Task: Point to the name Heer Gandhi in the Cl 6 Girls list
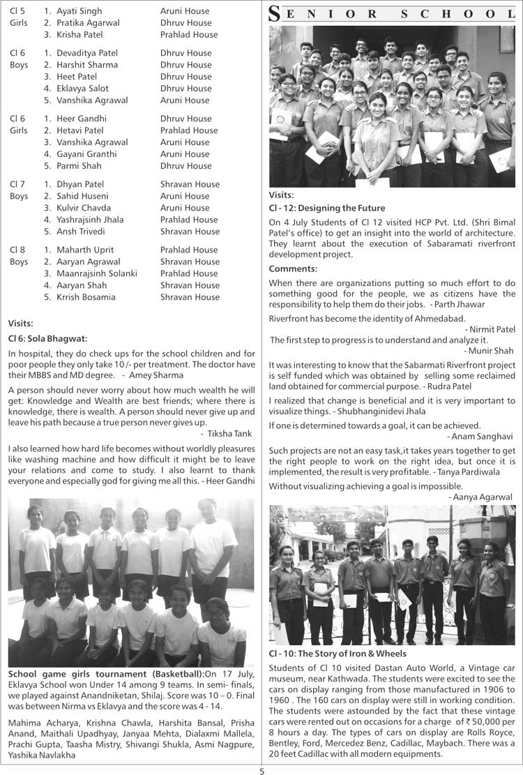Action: click(81, 119)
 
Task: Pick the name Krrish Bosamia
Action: click(86, 297)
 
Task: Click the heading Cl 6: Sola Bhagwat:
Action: click(47, 338)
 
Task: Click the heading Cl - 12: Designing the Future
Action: click(326, 208)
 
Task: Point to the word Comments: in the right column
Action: click(293, 269)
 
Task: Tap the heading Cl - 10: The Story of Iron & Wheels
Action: click(337, 654)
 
